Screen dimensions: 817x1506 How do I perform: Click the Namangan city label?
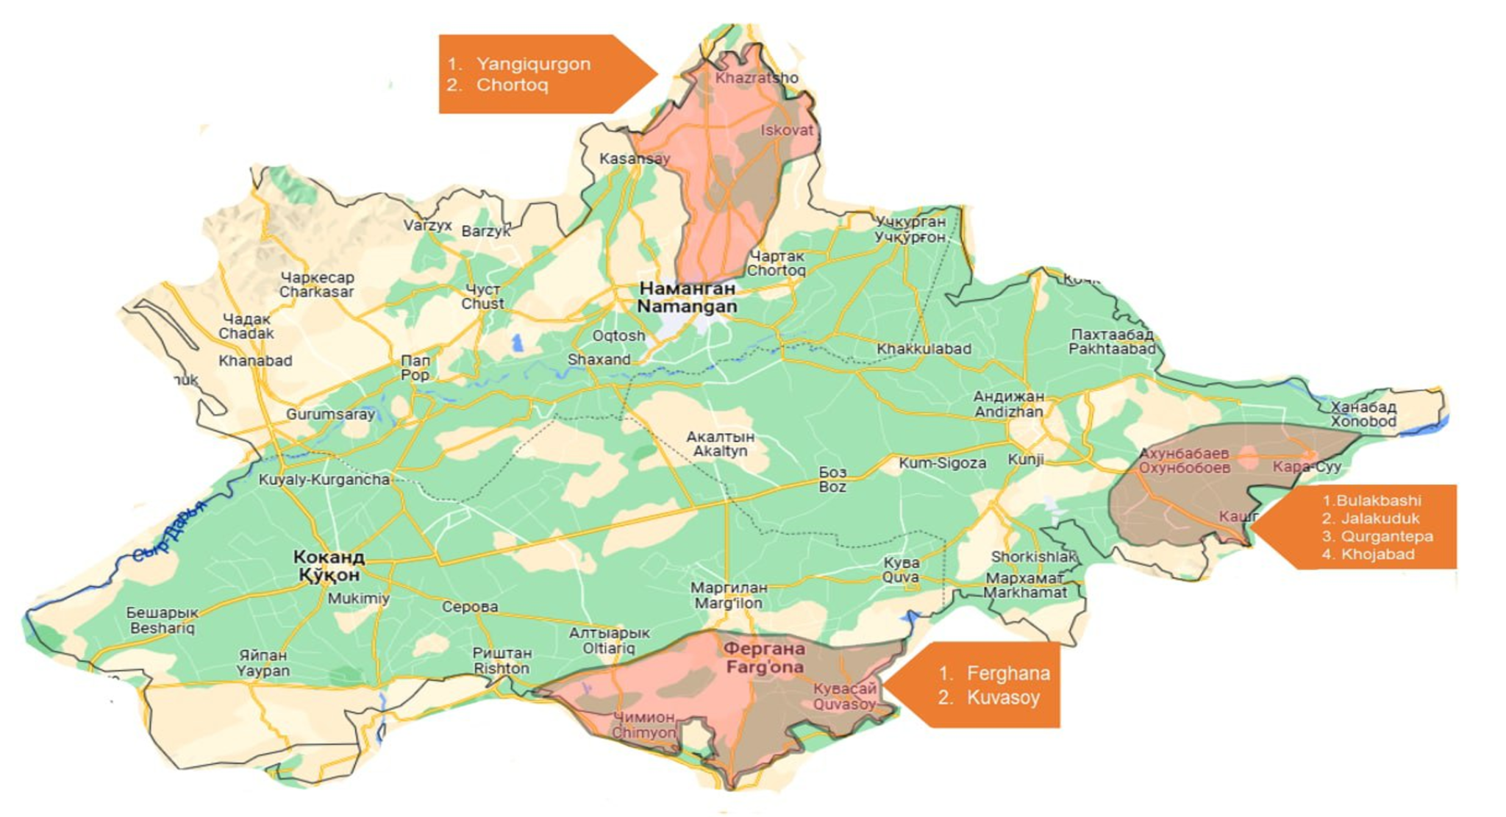pyautogui.click(x=687, y=298)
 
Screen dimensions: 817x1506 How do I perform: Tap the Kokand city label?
pyautogui.click(x=329, y=566)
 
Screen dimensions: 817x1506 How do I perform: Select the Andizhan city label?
pyautogui.click(x=1008, y=404)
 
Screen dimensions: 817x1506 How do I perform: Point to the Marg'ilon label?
pyautogui.click(x=728, y=596)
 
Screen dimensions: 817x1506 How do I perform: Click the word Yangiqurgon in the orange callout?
pyautogui.click(x=533, y=64)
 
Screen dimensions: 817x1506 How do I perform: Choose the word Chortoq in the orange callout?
pyautogui.click(x=512, y=85)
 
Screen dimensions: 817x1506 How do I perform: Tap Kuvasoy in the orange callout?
pyautogui.click(x=1003, y=698)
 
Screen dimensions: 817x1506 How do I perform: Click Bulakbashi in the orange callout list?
pyautogui.click(x=1378, y=501)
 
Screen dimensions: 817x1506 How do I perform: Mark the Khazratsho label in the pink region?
pyautogui.click(x=756, y=78)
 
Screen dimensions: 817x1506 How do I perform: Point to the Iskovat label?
pyautogui.click(x=787, y=130)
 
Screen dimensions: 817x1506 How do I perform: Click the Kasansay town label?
pyautogui.click(x=634, y=159)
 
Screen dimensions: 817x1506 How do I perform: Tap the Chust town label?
pyautogui.click(x=482, y=296)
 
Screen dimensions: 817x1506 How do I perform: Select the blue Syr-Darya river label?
pyautogui.click(x=170, y=532)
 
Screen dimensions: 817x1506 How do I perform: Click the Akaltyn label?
pyautogui.click(x=720, y=443)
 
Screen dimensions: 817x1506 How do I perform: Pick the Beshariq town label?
pyautogui.click(x=162, y=621)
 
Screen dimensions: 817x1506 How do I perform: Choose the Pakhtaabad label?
pyautogui.click(x=1111, y=342)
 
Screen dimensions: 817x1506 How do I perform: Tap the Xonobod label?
pyautogui.click(x=1363, y=414)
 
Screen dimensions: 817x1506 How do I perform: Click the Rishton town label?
pyautogui.click(x=502, y=660)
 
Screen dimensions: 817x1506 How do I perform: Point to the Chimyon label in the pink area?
pyautogui.click(x=643, y=725)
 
